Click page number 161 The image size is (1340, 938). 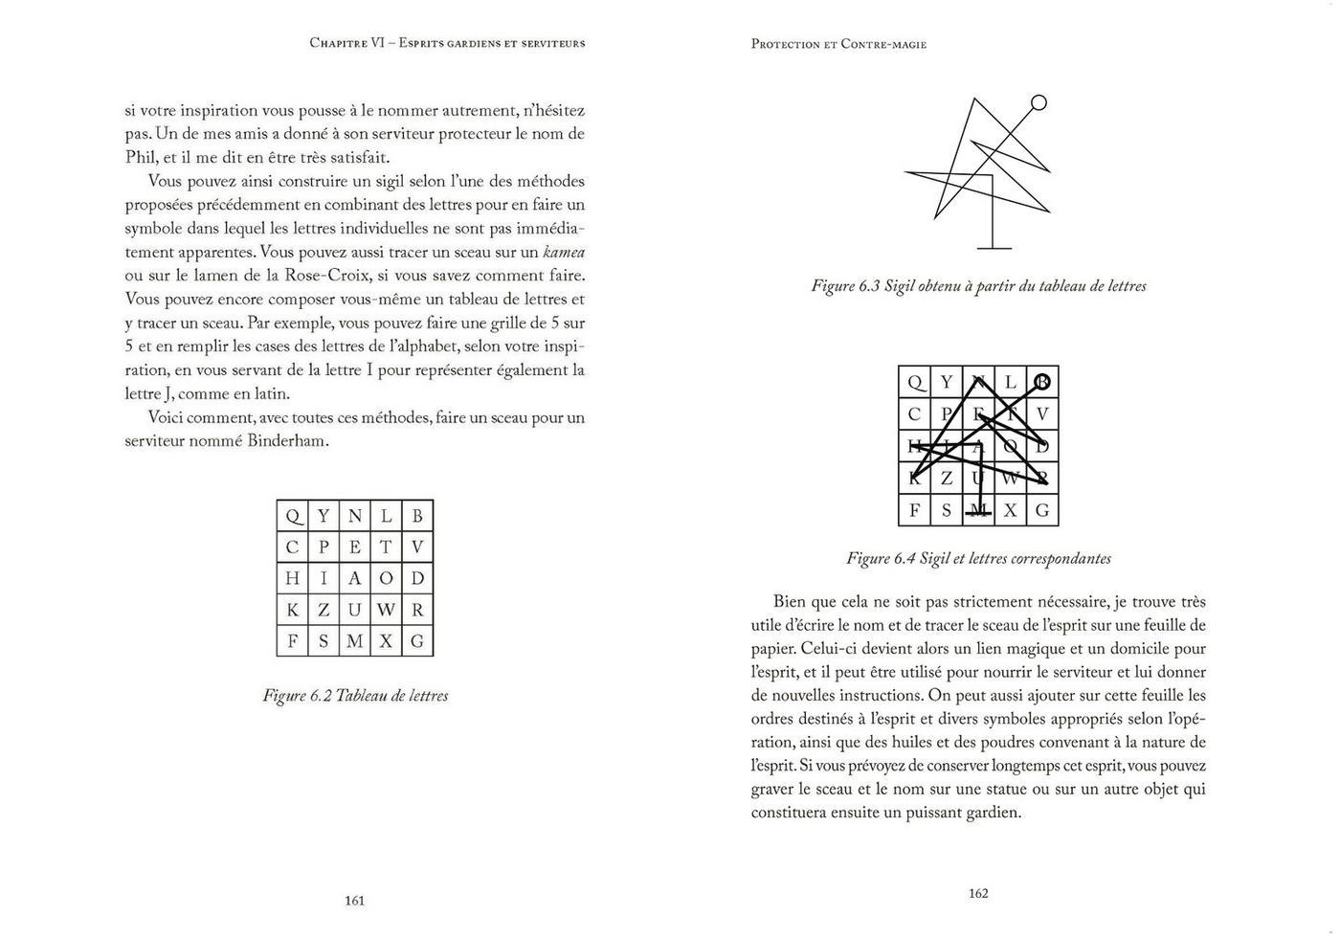click(354, 901)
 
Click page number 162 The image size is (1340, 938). click(977, 893)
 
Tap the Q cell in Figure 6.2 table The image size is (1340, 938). click(293, 516)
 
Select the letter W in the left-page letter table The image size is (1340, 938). click(386, 610)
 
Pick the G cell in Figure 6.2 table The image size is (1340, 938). click(417, 641)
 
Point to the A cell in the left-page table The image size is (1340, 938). click(355, 578)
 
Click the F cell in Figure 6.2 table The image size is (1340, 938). click(293, 641)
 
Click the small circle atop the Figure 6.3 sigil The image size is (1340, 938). click(1038, 102)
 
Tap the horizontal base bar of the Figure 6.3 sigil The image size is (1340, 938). click(994, 249)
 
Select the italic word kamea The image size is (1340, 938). click(564, 253)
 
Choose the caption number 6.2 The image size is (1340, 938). click(321, 696)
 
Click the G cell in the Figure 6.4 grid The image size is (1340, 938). click(1042, 510)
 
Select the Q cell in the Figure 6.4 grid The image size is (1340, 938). click(915, 383)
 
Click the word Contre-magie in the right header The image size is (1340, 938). click(883, 44)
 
